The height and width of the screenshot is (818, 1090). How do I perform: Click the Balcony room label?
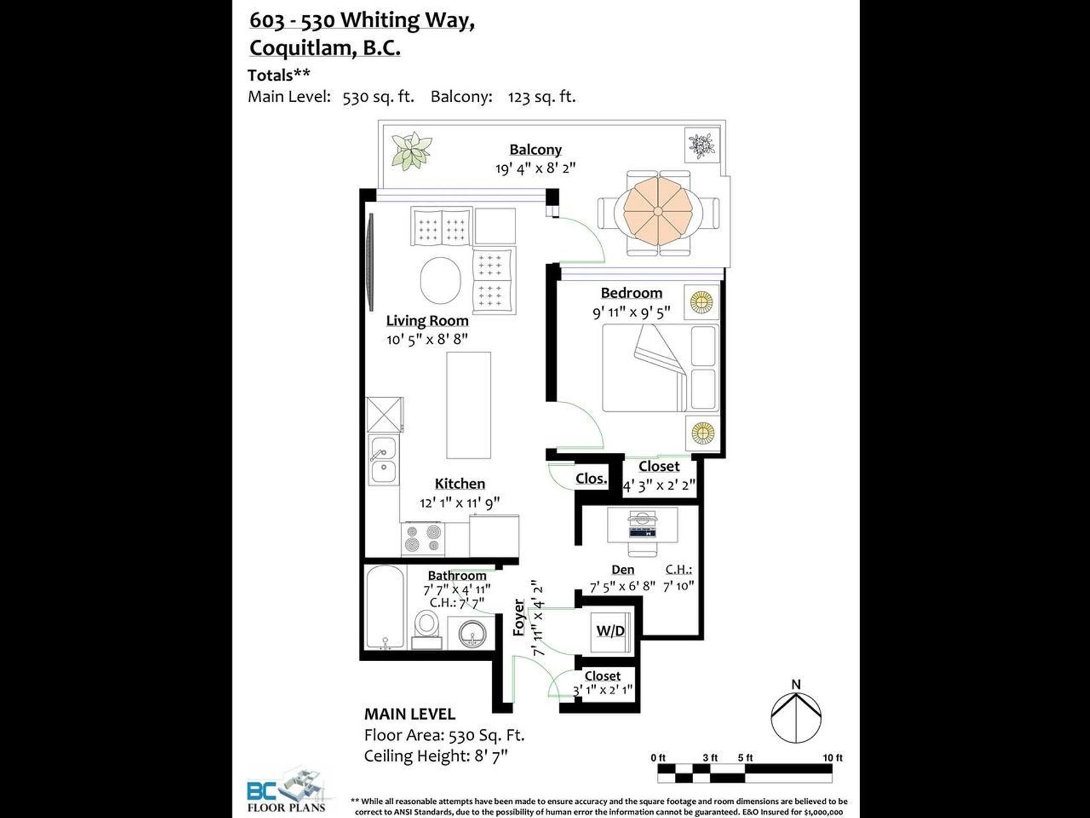(x=535, y=149)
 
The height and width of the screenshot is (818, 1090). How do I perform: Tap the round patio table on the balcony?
(x=657, y=211)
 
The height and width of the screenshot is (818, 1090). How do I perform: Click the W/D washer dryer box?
(x=610, y=631)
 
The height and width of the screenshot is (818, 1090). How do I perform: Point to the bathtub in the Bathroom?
(x=385, y=607)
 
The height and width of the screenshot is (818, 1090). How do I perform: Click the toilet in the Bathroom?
(x=426, y=628)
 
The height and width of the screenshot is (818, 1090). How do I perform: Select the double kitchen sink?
(x=383, y=460)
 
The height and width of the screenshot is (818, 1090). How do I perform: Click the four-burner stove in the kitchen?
(x=422, y=539)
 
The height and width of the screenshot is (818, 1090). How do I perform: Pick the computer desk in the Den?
(x=642, y=524)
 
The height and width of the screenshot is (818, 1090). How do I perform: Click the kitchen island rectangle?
(x=468, y=405)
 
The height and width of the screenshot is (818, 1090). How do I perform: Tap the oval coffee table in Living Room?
(x=440, y=281)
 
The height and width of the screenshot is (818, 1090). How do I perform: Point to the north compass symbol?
(x=796, y=716)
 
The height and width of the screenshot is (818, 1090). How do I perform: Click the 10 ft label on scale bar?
(x=832, y=758)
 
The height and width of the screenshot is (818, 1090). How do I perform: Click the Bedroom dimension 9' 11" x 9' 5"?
(x=631, y=312)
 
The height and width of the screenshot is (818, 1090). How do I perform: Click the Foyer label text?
(x=518, y=617)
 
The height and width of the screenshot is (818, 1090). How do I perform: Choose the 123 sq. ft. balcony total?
(x=542, y=97)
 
